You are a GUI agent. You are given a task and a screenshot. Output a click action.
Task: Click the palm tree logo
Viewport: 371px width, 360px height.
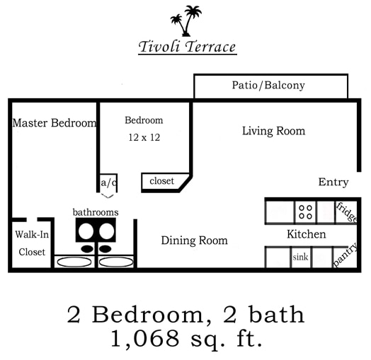click(186, 21)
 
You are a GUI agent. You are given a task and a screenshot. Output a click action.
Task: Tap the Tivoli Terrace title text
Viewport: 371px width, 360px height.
click(187, 47)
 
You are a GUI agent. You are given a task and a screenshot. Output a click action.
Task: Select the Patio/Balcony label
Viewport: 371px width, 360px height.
click(268, 86)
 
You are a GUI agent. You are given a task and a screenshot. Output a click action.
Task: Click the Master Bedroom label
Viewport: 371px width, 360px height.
click(55, 123)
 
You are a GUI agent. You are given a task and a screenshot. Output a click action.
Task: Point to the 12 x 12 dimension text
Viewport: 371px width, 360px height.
click(144, 137)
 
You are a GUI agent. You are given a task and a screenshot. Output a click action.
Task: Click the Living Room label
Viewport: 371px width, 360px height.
click(273, 131)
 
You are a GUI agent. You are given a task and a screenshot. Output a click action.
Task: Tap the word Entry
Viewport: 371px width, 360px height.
click(333, 182)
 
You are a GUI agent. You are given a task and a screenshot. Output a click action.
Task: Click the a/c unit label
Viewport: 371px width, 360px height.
click(108, 182)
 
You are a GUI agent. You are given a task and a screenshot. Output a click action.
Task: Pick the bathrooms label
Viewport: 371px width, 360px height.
click(96, 211)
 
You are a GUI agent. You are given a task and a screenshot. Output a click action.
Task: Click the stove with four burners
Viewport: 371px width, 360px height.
click(306, 212)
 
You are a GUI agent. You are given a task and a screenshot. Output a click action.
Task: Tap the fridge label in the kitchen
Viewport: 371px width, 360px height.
click(347, 212)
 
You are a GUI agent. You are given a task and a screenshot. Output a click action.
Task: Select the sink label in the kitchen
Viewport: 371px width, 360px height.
click(301, 257)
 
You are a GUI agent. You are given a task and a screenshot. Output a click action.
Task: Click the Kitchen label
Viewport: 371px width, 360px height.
click(306, 234)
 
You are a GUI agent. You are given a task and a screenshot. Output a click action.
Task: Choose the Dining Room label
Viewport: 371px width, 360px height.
click(194, 240)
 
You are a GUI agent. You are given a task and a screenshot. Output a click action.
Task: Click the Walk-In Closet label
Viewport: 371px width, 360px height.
click(32, 243)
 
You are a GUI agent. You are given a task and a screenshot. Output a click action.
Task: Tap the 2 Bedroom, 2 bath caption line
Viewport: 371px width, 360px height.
click(186, 313)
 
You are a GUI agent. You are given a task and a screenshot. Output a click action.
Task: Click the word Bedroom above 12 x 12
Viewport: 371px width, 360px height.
click(144, 120)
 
